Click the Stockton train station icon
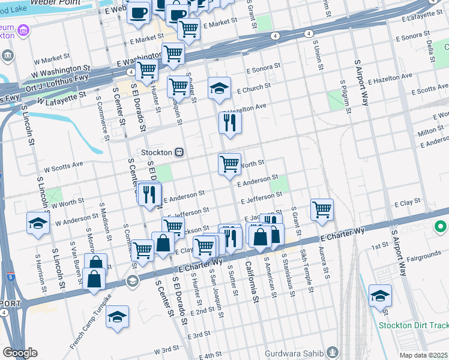tap(179, 152)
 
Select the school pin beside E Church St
tap(219, 88)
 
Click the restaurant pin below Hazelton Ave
tap(230, 122)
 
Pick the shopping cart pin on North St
tap(229, 164)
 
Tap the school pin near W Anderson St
tap(38, 223)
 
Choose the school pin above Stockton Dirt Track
tap(380, 296)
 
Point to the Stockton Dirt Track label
tap(414, 326)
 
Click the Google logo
tap(20, 353)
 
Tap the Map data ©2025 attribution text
tap(424, 355)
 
